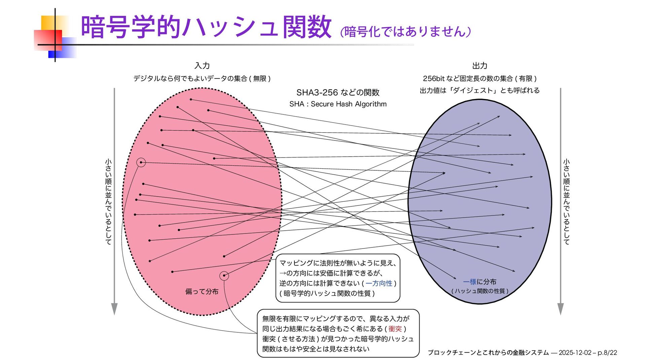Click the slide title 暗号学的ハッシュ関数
[x=206, y=27]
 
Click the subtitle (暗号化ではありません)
[x=405, y=32]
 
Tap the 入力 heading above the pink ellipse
[x=202, y=66]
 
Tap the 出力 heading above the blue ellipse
[x=479, y=66]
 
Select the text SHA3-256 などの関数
[x=338, y=92]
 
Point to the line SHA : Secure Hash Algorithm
[x=338, y=104]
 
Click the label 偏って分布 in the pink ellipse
[x=202, y=292]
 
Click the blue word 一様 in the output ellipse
[x=470, y=282]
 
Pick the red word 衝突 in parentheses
[x=395, y=329]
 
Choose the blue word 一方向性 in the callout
[x=379, y=284]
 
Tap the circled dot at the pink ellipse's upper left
[x=141, y=163]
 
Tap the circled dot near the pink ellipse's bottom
[x=224, y=276]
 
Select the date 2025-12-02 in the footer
[x=575, y=353]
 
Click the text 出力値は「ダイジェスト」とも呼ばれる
[x=479, y=90]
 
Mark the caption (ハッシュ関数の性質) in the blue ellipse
[x=479, y=291]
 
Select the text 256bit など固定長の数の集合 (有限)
[x=479, y=78]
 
